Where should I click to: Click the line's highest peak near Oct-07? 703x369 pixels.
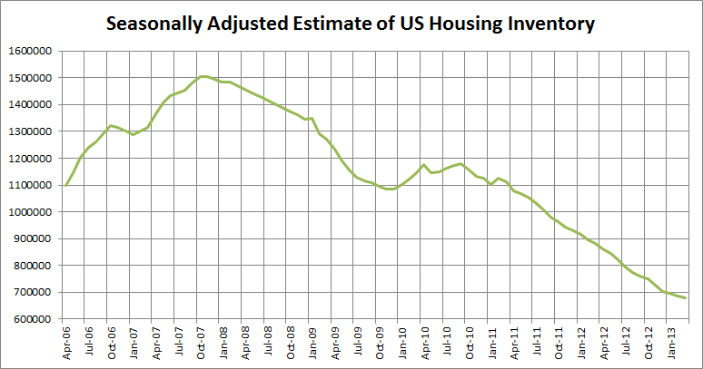[x=203, y=76]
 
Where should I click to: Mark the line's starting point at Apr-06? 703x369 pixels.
[x=66, y=185]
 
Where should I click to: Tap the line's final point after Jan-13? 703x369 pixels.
[x=686, y=297]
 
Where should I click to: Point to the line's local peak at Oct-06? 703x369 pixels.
[x=111, y=126]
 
